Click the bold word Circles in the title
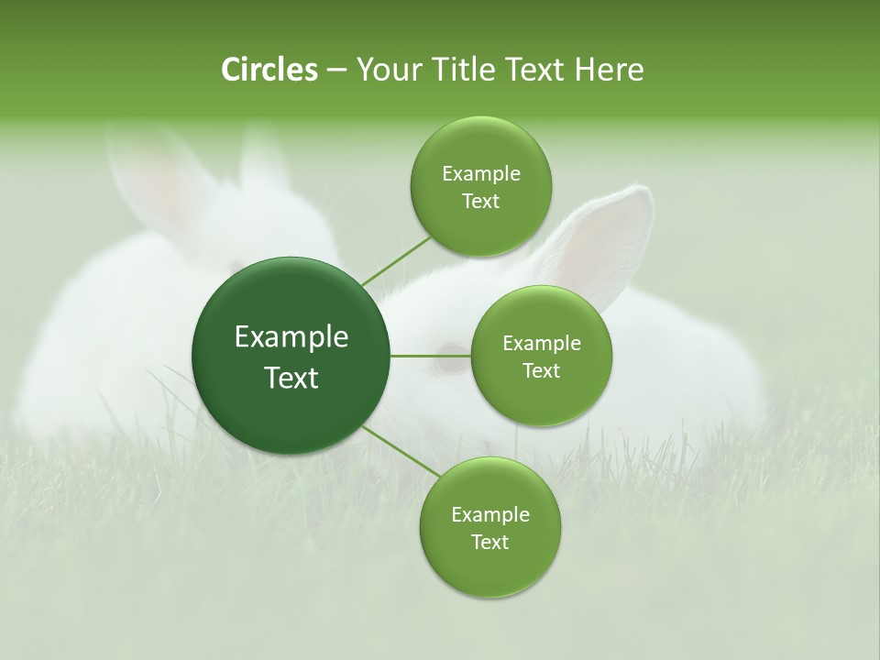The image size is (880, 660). coord(269,70)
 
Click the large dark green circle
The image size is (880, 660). coord(291,356)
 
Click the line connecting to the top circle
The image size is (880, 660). coord(396,260)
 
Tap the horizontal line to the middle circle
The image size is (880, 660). coord(430,356)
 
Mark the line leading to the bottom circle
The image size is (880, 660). coord(401,452)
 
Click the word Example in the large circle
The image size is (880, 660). coord(291,337)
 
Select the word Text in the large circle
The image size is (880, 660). coord(291,378)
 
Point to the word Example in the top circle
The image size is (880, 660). coord(480,173)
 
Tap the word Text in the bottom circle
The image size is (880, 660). coord(489,542)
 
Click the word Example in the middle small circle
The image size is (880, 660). coord(541,344)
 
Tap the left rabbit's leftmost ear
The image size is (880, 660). coord(147,174)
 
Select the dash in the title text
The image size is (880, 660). coord(335,71)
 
